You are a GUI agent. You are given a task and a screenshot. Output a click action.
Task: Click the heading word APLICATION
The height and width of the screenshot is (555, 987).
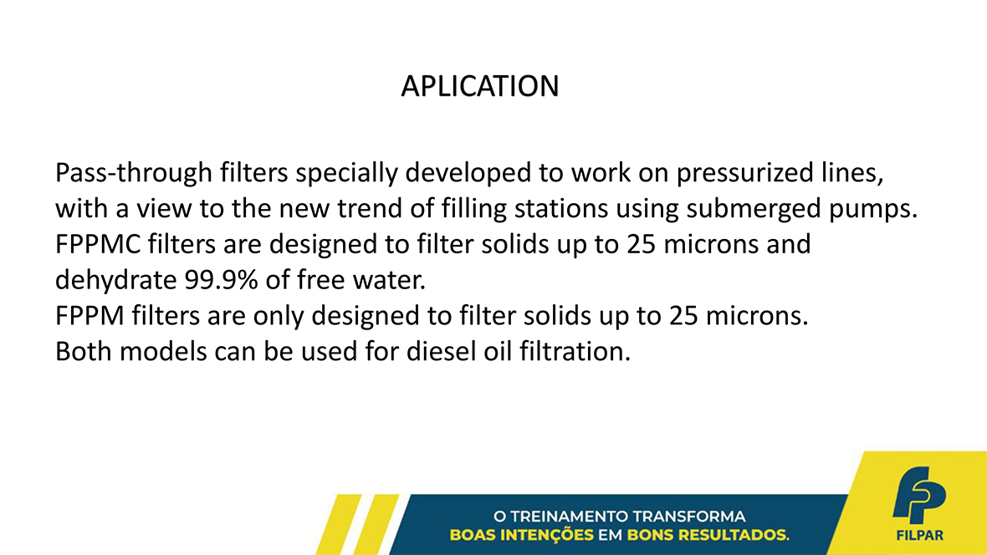pos(479,86)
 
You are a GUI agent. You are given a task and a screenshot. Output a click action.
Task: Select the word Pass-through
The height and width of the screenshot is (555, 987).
pos(134,173)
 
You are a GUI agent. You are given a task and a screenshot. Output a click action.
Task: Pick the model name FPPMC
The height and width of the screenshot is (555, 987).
pos(98,244)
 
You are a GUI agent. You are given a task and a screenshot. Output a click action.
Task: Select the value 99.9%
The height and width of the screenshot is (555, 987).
pos(221,280)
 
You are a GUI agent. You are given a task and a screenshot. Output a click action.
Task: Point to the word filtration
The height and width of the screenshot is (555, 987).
pos(575,351)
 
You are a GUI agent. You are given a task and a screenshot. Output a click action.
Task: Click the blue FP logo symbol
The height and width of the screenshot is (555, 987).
pos(918,495)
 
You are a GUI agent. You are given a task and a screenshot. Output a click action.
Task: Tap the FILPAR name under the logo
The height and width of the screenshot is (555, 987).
pos(919,536)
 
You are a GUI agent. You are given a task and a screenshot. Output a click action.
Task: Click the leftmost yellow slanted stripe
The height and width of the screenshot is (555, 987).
pos(339,525)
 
